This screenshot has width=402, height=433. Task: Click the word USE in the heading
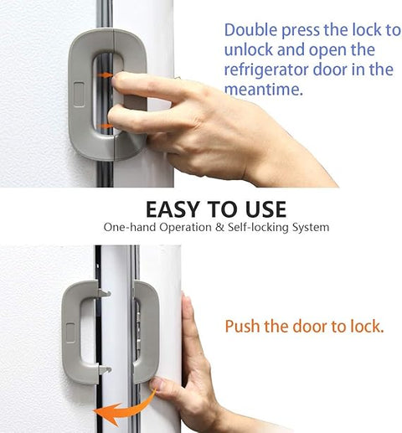click(263, 209)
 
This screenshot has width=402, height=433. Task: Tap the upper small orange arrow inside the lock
click(106, 75)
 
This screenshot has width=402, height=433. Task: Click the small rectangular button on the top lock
click(80, 88)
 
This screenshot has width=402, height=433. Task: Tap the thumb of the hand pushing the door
click(164, 388)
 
